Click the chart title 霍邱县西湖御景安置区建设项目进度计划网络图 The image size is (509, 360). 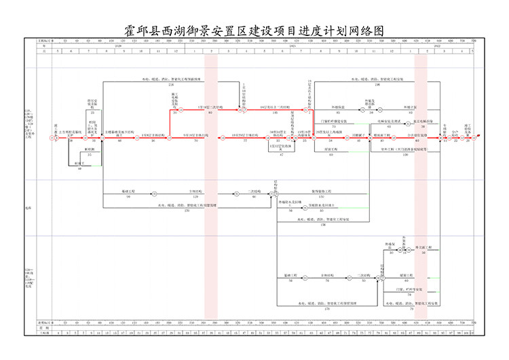(x=254, y=31)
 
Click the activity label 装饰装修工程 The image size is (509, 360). (x=321, y=192)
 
